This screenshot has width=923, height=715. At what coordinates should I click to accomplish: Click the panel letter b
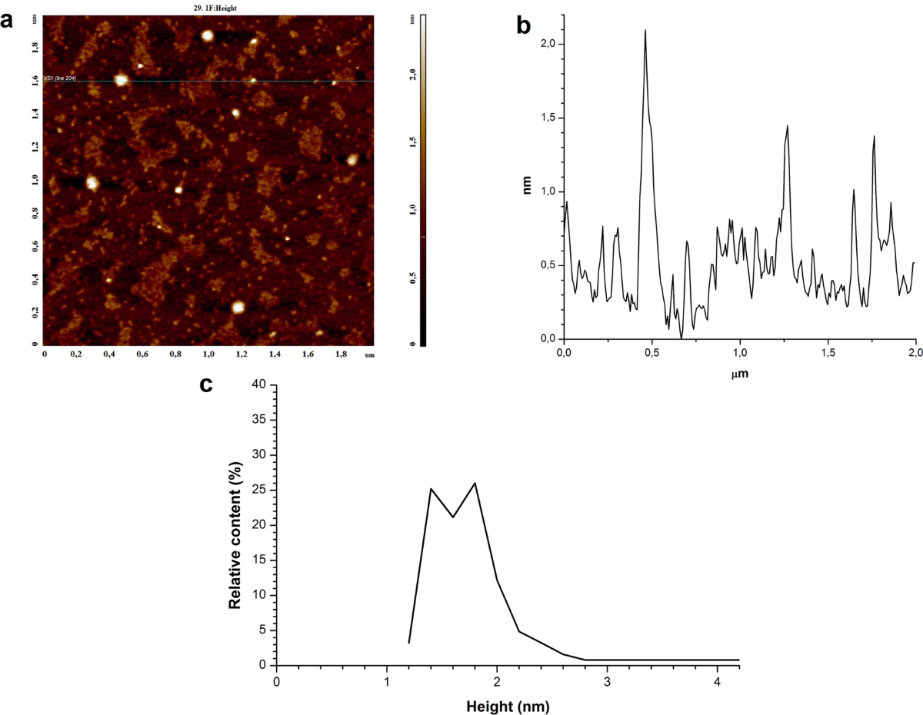(524, 26)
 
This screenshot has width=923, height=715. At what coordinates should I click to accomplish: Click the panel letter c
(206, 384)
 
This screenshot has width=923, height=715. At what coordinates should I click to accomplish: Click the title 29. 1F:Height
(209, 7)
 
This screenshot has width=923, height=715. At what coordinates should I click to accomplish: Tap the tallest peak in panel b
(645, 31)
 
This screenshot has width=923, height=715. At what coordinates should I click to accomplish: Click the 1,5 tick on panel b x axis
(828, 351)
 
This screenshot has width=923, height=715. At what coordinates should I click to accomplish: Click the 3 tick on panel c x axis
(608, 681)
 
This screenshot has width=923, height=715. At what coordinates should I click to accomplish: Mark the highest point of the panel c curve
(475, 483)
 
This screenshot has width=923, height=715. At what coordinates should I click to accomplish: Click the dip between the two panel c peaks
(453, 517)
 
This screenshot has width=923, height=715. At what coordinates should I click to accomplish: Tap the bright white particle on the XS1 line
(120, 79)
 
